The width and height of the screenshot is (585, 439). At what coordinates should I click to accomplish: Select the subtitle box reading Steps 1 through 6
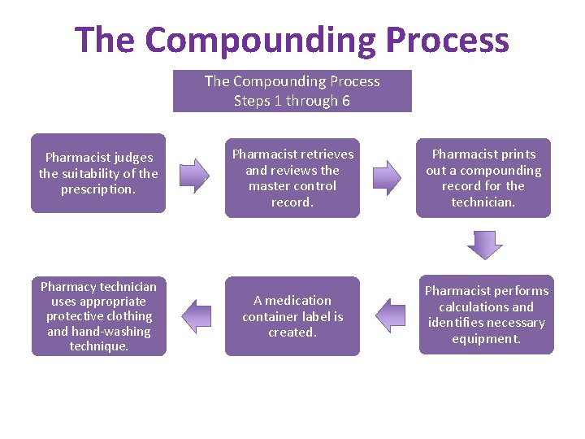[x=292, y=91]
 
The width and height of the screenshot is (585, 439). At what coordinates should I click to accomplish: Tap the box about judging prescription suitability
[x=98, y=173]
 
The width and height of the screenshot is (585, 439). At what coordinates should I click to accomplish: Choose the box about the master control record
[x=292, y=178]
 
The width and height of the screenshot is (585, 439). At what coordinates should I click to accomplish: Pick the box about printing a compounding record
[x=483, y=178]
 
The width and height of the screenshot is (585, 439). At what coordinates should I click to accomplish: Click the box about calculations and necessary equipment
[x=487, y=315]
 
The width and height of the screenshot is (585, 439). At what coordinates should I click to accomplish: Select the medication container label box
[x=292, y=316]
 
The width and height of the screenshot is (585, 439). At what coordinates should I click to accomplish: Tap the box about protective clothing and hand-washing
[x=98, y=316]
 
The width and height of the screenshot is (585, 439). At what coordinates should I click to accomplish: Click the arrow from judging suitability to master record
[x=194, y=175]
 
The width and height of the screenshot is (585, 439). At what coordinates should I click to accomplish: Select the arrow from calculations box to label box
[x=390, y=315]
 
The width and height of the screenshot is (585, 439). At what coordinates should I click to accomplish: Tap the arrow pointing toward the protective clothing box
[x=196, y=315]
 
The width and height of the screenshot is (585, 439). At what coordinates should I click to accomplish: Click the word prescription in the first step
[x=98, y=189]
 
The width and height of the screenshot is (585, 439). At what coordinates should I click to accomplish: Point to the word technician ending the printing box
[x=483, y=202]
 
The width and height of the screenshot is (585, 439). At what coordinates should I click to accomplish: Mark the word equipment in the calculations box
[x=487, y=338]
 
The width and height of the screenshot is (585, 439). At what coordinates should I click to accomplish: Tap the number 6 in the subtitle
[x=346, y=101]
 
